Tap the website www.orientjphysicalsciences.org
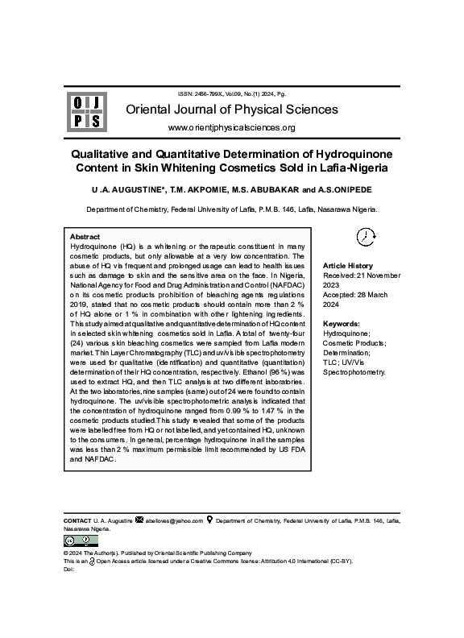(x=231, y=128)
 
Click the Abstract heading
(x=85, y=237)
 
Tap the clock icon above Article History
(x=366, y=236)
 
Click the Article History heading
(x=348, y=266)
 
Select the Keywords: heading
(x=342, y=323)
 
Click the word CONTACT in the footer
(x=77, y=521)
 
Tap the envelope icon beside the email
(x=139, y=520)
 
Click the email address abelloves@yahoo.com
(x=174, y=521)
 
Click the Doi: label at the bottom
(x=68, y=569)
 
